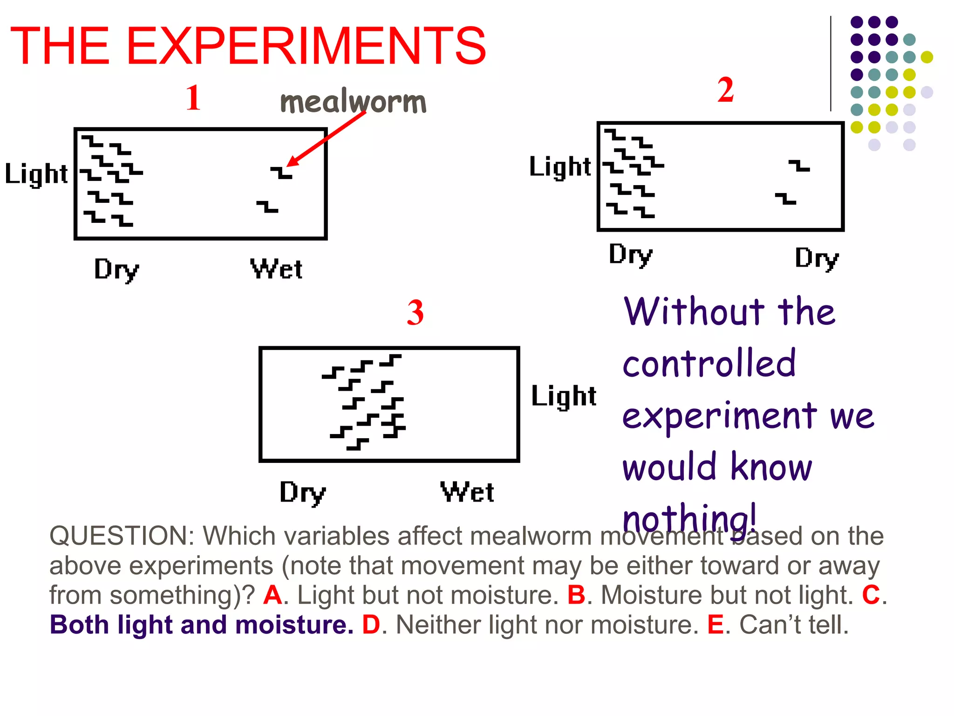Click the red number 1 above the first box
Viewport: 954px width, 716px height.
(193, 98)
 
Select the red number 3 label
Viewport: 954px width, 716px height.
(415, 313)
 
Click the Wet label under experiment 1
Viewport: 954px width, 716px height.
(276, 269)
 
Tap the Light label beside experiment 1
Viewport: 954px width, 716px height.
(36, 174)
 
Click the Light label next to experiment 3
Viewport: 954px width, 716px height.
(564, 396)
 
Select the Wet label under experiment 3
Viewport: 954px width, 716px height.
(467, 492)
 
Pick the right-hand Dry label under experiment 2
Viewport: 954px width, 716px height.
(817, 258)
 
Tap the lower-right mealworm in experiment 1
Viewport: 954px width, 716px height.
(267, 207)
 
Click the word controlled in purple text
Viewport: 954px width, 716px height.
(709, 364)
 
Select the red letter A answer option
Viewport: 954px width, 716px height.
(273, 595)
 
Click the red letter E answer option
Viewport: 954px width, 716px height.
(715, 625)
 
